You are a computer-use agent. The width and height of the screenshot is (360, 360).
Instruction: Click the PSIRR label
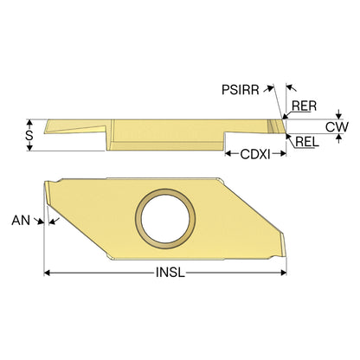coord(241,90)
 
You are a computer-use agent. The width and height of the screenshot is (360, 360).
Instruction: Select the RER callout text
coord(304,106)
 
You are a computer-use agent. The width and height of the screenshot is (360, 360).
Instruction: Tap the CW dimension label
coord(337,127)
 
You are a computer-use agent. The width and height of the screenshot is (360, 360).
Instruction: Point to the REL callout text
coord(307,142)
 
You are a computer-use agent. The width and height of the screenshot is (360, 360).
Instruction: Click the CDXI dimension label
coord(255,155)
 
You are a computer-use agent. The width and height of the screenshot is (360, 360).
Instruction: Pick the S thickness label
coord(29,135)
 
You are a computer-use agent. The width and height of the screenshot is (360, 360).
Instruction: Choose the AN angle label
coord(21,221)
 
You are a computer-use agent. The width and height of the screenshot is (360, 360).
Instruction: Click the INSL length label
coord(170,273)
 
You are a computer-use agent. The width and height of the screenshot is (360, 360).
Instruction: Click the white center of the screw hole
coord(165,218)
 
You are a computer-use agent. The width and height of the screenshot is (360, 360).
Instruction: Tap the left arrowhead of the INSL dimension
coord(47,273)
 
